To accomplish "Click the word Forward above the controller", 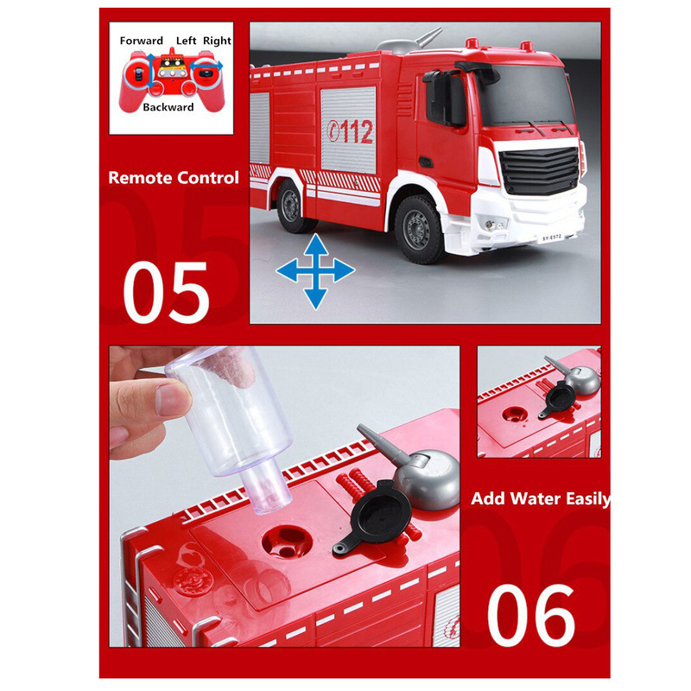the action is point(141,41).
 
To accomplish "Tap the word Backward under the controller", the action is point(168,107).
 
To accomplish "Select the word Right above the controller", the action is point(217,41).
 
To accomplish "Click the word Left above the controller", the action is point(186,41).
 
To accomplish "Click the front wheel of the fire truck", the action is point(419,229).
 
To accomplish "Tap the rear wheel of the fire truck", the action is point(292,206).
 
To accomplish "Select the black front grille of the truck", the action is point(538,170).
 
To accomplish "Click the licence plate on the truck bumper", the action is point(552,238).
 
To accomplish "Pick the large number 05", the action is point(166,292).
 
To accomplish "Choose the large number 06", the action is point(531,615).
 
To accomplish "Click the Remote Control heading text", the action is point(174,178).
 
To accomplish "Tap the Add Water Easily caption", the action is point(541,498).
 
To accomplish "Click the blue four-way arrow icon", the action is point(315,271).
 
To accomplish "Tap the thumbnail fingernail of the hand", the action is point(174,399).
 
